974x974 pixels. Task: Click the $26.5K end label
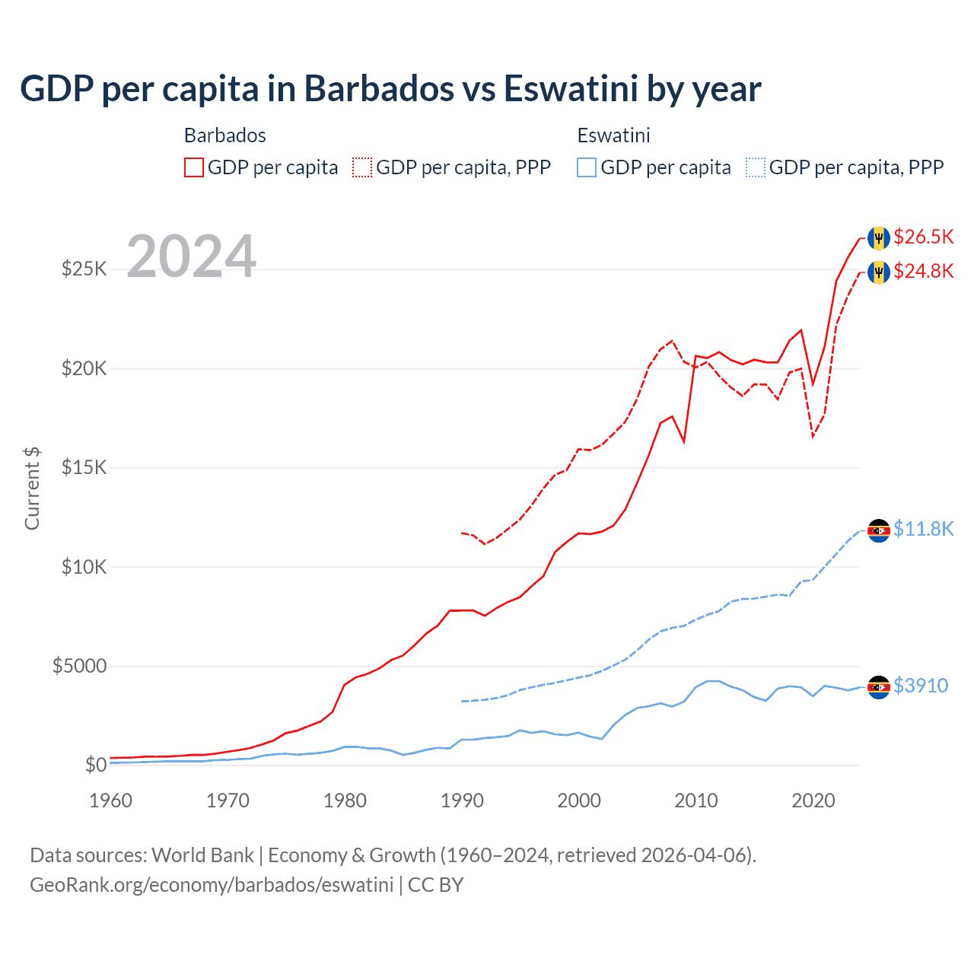click(x=923, y=237)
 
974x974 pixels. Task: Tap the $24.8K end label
click(x=923, y=271)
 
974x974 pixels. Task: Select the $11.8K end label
click(x=923, y=529)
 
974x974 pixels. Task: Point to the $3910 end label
click(x=921, y=686)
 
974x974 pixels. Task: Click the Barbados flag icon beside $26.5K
click(x=879, y=237)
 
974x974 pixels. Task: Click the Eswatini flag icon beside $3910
click(x=879, y=687)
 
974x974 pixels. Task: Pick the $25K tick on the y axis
click(x=84, y=269)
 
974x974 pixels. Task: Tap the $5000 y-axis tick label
click(x=79, y=667)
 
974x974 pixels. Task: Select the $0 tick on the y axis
click(x=95, y=765)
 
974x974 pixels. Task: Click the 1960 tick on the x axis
click(x=111, y=801)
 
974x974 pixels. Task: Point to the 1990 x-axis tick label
click(x=462, y=801)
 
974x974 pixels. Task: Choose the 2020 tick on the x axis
click(x=813, y=801)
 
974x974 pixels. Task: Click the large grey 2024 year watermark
click(x=191, y=256)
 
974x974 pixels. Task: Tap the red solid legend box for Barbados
click(x=194, y=167)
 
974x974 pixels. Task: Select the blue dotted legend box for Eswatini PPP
click(x=756, y=167)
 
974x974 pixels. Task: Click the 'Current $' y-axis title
click(x=32, y=489)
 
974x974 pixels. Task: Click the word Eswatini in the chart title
click(x=570, y=88)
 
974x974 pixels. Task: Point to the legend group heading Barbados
click(x=225, y=135)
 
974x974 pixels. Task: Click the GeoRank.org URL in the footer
click(x=212, y=885)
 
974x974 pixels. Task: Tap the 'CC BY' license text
click(x=435, y=885)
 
